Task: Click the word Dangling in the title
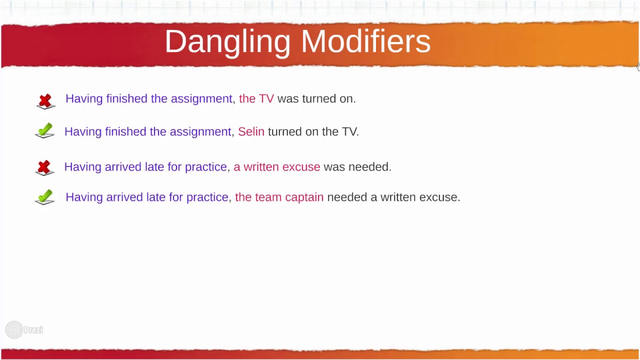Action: pyautogui.click(x=227, y=42)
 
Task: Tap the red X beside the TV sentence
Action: pyautogui.click(x=45, y=100)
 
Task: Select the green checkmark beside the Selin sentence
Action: pyautogui.click(x=44, y=130)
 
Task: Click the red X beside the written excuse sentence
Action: pyautogui.click(x=44, y=167)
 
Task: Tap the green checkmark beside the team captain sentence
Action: pyautogui.click(x=44, y=196)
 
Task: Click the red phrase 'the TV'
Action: pyautogui.click(x=256, y=98)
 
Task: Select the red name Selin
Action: pyautogui.click(x=251, y=131)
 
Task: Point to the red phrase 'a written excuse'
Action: pyautogui.click(x=276, y=167)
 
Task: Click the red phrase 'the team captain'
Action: pyautogui.click(x=279, y=197)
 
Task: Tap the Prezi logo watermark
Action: pyautogui.click(x=24, y=329)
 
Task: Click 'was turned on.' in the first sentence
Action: pyautogui.click(x=316, y=98)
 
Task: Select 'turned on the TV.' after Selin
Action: pyautogui.click(x=313, y=131)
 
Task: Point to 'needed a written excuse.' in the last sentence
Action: pyautogui.click(x=393, y=197)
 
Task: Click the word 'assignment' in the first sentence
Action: pyautogui.click(x=201, y=99)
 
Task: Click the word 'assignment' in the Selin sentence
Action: pyautogui.click(x=200, y=132)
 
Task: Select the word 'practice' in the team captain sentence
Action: pyautogui.click(x=207, y=197)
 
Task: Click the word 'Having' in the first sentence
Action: pyautogui.click(x=84, y=99)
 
